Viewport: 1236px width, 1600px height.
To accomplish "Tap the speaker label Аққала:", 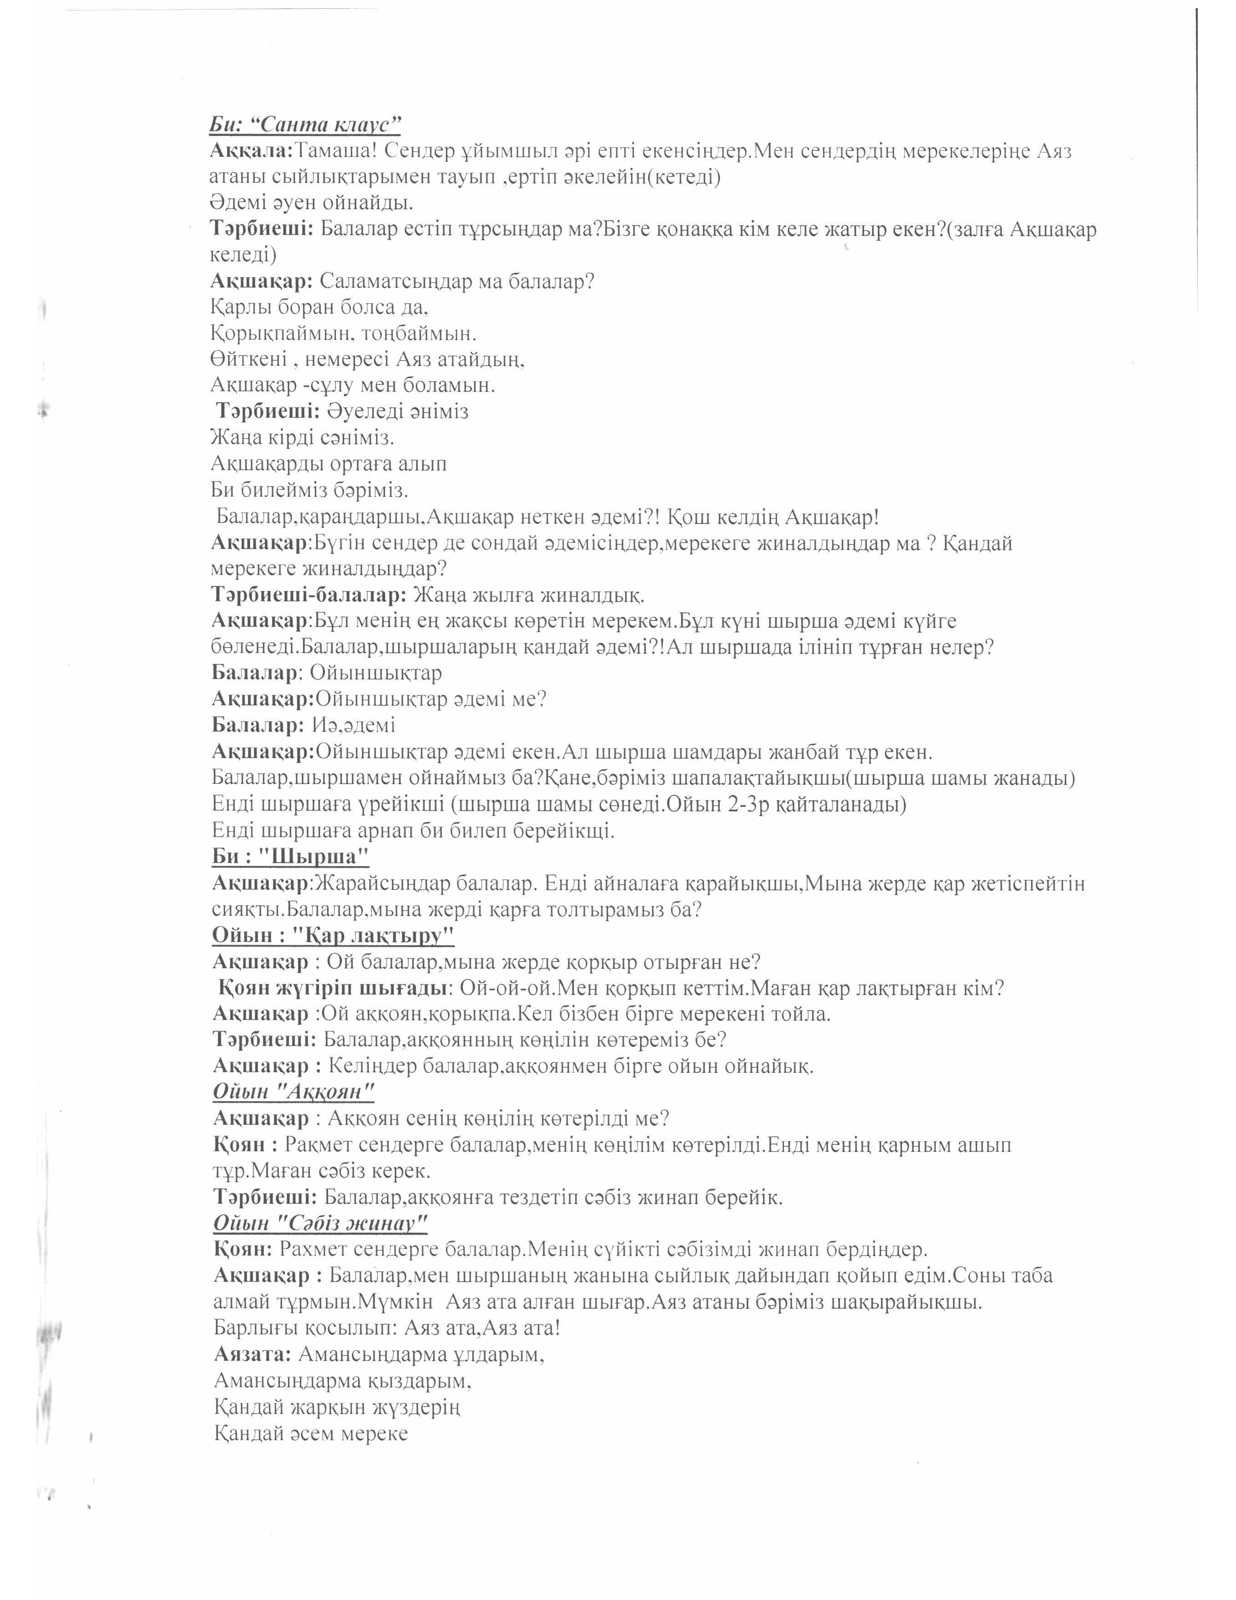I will point(251,151).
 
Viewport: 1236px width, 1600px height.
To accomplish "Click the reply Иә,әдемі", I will point(354,725).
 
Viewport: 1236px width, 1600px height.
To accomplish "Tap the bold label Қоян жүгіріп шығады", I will point(333,988).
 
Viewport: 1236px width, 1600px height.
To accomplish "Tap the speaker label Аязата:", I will point(252,1354).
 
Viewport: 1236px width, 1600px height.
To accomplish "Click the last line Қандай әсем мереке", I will point(310,1433).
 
